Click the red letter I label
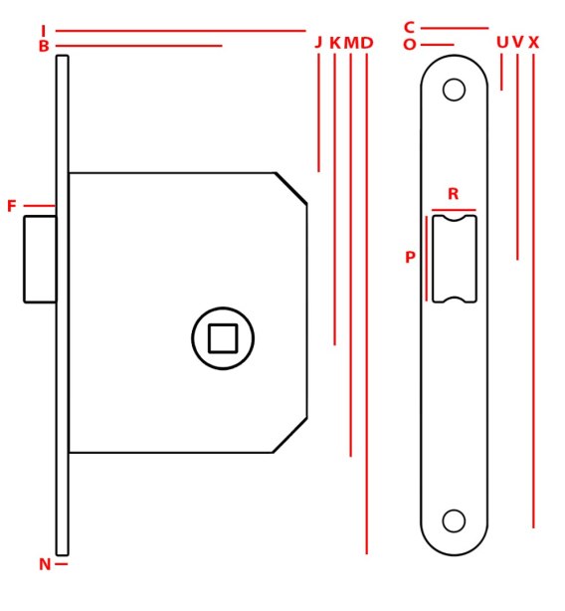tap(43, 31)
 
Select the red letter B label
tap(44, 46)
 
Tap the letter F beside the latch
tap(12, 206)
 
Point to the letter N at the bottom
tap(45, 564)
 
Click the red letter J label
tap(318, 42)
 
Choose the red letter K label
tap(335, 43)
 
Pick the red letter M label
tap(351, 43)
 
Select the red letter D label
tap(367, 43)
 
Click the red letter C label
tap(409, 28)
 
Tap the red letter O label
tap(409, 45)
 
